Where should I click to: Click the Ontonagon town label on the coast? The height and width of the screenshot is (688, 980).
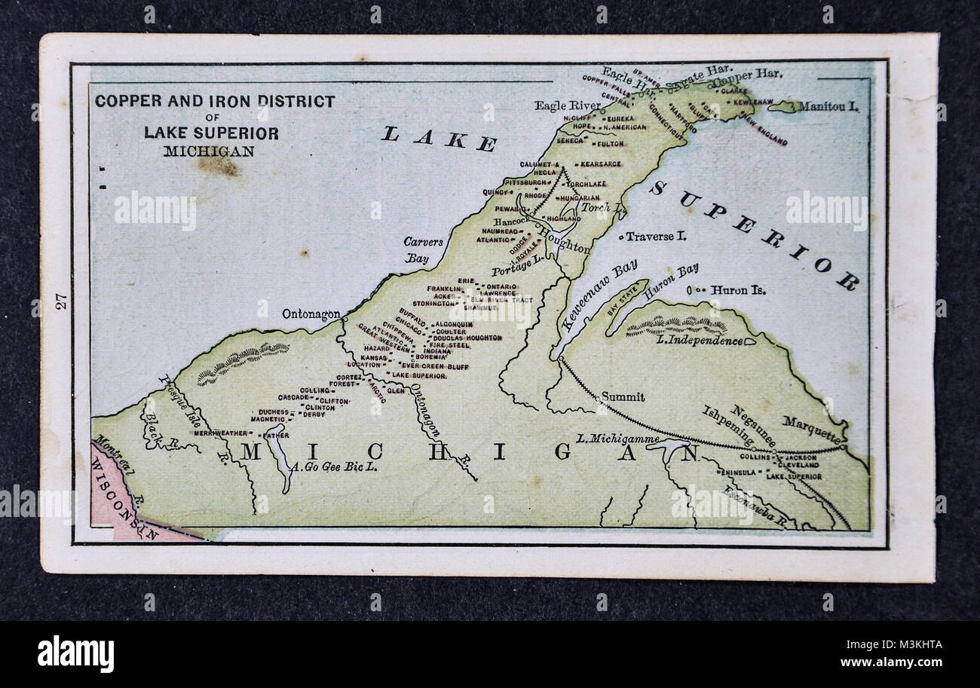tap(310, 313)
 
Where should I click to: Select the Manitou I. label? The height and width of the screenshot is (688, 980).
tap(828, 107)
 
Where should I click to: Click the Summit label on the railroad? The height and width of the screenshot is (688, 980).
tap(623, 396)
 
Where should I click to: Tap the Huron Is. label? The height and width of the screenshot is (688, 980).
tap(738, 289)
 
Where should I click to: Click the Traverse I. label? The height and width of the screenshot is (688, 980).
tap(656, 237)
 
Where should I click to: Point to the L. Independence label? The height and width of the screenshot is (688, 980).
tap(699, 341)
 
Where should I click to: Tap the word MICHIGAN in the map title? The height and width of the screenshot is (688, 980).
tap(209, 151)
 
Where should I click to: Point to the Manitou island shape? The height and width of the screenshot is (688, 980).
tap(783, 107)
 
